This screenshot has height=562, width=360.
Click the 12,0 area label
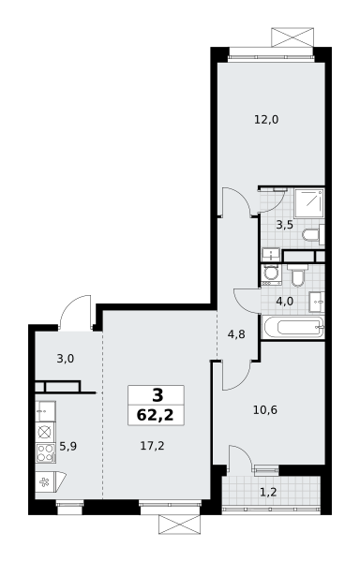tap(266, 119)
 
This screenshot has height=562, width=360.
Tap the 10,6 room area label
tap(265, 409)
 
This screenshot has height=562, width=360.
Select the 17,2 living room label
tap(153, 446)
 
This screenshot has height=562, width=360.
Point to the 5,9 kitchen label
tap(68, 447)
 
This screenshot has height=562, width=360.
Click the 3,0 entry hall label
tap(66, 359)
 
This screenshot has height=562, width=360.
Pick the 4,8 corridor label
tap(236, 334)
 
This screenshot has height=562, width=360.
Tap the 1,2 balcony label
tap(268, 492)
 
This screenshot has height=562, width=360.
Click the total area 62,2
tap(156, 415)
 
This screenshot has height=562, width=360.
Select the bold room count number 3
tap(157, 395)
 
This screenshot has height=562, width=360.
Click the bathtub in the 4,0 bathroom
tap(293, 327)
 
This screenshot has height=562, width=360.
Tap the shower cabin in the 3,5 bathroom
tap(309, 203)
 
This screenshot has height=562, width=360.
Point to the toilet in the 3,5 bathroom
tap(314, 235)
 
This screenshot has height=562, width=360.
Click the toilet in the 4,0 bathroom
tap(297, 275)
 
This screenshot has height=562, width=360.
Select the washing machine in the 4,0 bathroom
tap(272, 274)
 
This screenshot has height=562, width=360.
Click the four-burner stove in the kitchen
tap(46, 452)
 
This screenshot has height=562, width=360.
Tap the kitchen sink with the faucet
tap(46, 411)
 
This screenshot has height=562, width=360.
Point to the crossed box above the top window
tap(292, 37)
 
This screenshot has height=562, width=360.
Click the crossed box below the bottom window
tap(179, 525)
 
